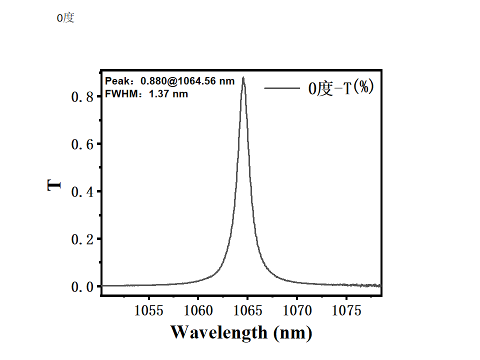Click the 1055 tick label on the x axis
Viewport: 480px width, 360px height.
pos(149,311)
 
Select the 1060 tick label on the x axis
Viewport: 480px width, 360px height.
pos(198,311)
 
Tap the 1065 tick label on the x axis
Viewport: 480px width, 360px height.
pos(248,311)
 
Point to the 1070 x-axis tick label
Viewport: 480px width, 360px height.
pos(297,311)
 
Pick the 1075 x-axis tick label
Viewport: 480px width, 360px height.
pos(347,311)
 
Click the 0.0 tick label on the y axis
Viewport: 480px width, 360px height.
pos(82,287)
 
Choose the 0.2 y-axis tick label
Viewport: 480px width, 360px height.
pos(82,239)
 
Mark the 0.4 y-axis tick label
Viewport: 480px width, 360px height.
pos(82,192)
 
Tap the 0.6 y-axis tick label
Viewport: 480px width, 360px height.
pos(82,144)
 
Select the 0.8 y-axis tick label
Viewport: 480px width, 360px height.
pos(82,97)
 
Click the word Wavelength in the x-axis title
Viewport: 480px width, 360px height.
pos(219,332)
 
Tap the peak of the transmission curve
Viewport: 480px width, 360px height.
pos(243,78)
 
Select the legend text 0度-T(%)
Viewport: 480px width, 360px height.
pos(341,88)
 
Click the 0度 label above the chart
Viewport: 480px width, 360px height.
pos(65,18)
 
